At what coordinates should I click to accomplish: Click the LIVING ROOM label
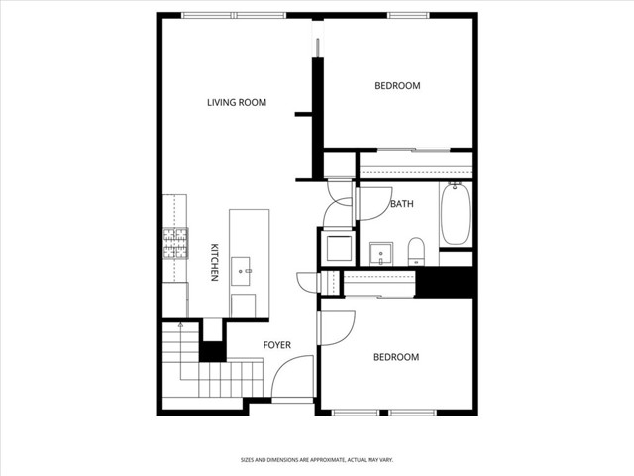(237, 102)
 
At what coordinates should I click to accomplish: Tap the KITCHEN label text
(213, 264)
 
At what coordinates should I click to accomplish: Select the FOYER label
(276, 345)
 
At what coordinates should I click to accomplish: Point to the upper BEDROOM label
(397, 86)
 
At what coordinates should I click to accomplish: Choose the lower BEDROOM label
(395, 357)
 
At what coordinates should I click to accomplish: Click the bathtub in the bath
(456, 214)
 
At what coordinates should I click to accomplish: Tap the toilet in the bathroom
(417, 250)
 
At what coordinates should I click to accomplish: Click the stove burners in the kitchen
(175, 244)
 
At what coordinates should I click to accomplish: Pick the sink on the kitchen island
(243, 268)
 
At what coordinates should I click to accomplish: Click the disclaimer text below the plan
(317, 460)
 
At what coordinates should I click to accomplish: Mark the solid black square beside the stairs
(212, 351)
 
